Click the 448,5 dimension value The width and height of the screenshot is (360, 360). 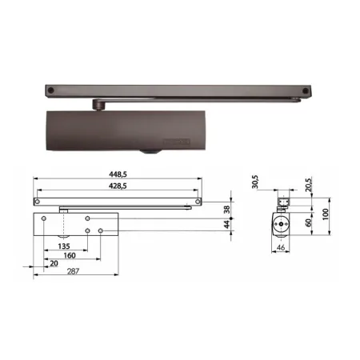coord(118,174)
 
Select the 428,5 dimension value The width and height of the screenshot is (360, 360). coord(118,186)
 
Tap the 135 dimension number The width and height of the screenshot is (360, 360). coord(64,246)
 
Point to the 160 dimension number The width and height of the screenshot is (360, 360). coord(70,255)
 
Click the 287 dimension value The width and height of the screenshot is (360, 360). coord(73,271)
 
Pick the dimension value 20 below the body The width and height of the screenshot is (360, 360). coord(54,263)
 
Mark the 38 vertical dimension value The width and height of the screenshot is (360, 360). coord(226,210)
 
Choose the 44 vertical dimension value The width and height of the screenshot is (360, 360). coord(226,224)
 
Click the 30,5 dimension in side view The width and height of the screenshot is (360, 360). coord(255,182)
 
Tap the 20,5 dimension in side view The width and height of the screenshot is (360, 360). coord(309,185)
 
